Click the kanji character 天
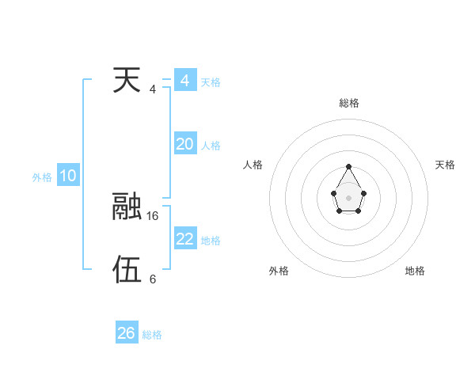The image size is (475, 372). point(127,80)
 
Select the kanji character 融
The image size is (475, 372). point(127,206)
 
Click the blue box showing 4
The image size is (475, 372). point(184,81)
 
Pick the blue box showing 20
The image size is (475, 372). point(184,144)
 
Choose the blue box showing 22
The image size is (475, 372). point(184,239)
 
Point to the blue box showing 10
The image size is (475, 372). point(68,176)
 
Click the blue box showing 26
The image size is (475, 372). point(127,333)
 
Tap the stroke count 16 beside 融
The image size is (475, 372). point(153,215)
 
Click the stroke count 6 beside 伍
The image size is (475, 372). point(153,279)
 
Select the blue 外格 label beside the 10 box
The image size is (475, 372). point(42,177)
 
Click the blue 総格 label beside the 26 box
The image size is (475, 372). point(152,335)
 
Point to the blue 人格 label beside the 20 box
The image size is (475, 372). point(211,146)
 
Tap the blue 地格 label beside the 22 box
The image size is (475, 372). point(211,241)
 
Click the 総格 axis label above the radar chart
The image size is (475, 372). point(348,103)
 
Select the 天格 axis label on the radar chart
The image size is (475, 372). point(445,165)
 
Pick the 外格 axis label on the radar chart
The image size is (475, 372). point(279,271)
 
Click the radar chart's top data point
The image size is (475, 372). point(348,167)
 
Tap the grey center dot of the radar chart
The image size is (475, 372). point(348,197)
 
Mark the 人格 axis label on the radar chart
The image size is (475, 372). point(253,165)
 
